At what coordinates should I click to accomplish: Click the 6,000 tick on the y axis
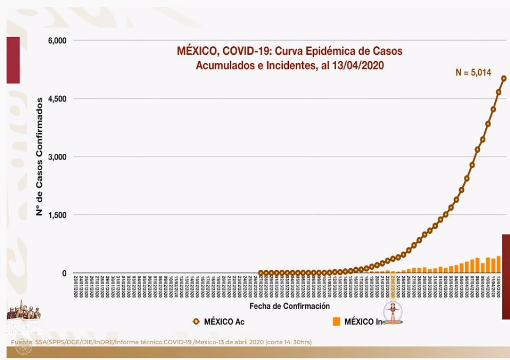click(x=57, y=41)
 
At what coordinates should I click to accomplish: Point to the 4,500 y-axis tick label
click(x=57, y=98)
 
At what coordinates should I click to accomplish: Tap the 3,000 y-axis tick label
click(x=57, y=157)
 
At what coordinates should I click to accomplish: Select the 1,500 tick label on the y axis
click(x=57, y=215)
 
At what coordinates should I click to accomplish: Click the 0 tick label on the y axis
click(x=65, y=273)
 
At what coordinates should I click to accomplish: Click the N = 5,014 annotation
click(x=473, y=73)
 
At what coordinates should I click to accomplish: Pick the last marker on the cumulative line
click(x=504, y=78)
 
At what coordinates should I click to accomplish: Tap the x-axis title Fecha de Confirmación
click(x=289, y=306)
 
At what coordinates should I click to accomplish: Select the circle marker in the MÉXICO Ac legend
click(x=195, y=322)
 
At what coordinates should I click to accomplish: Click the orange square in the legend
click(x=337, y=322)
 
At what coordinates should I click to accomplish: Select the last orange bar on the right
click(x=499, y=264)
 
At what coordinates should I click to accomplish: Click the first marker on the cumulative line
click(x=261, y=273)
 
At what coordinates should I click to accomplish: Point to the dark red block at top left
click(x=13, y=59)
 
